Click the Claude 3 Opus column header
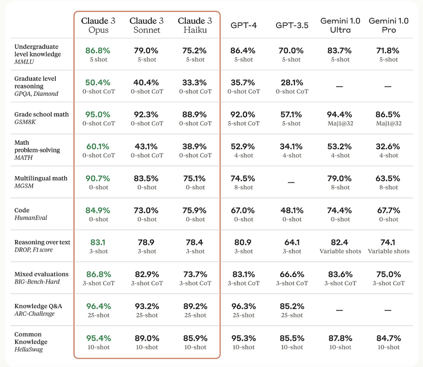point(98,25)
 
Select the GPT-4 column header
point(244,26)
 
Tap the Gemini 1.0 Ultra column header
point(340,25)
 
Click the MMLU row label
point(24,62)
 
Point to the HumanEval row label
point(31,218)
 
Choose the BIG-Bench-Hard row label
point(37,281)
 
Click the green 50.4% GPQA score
point(98,83)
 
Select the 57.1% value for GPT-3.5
point(291,115)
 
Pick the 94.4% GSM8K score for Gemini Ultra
point(340,115)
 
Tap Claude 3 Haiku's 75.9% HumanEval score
point(195,210)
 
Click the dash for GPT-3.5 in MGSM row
point(291,182)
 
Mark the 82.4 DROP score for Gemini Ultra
point(340,242)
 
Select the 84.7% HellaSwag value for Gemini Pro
point(388,338)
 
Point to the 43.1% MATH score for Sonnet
point(146,147)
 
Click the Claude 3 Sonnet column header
point(147,25)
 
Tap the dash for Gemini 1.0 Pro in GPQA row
point(388,87)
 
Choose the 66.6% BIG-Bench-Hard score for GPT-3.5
point(292,274)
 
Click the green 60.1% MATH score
point(98,147)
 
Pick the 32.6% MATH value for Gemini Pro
point(388,147)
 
